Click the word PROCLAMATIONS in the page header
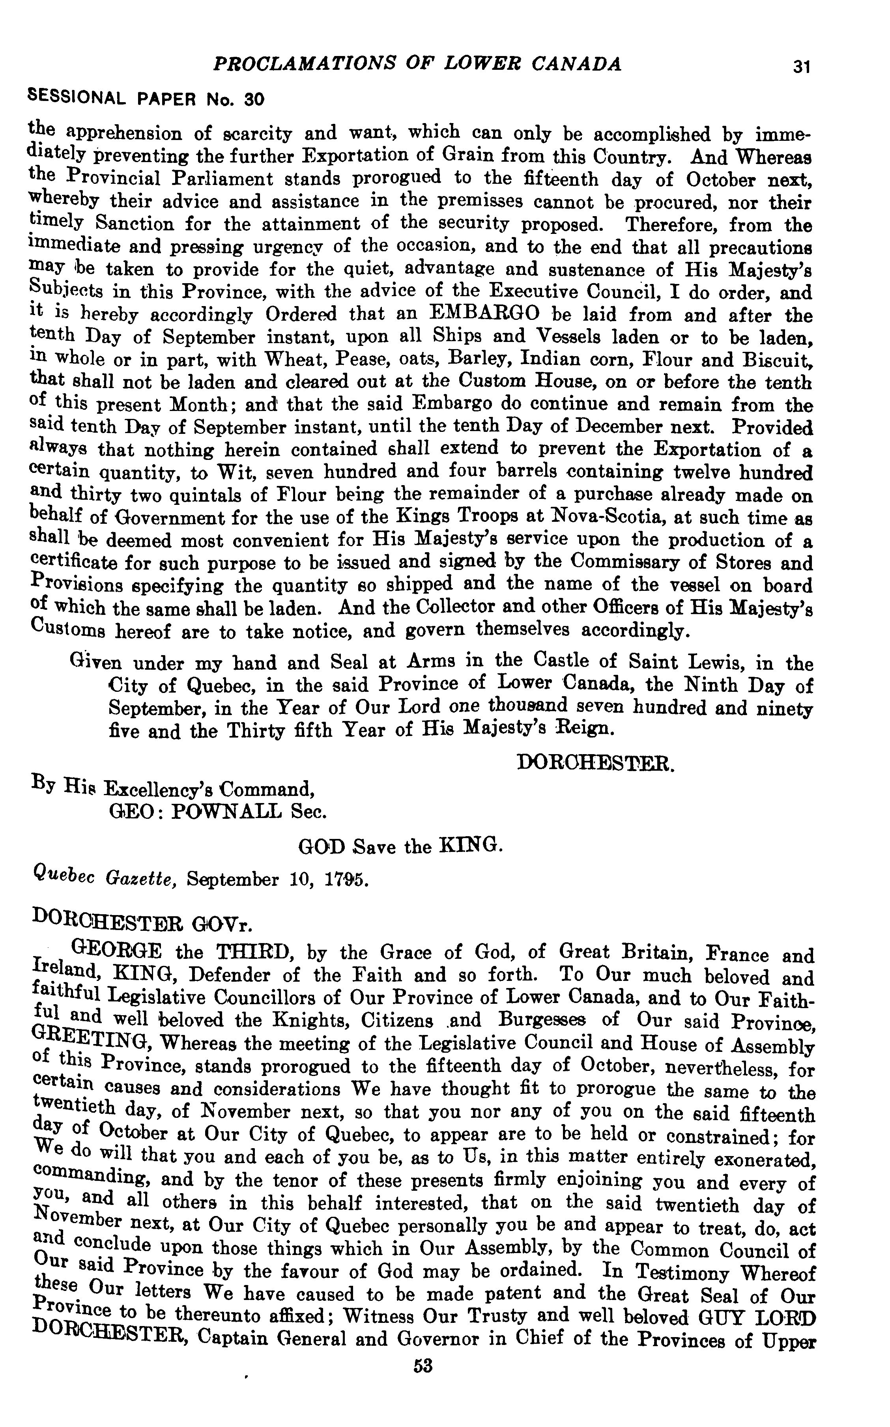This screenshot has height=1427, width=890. click(284, 64)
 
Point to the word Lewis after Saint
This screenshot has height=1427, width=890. click(711, 663)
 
